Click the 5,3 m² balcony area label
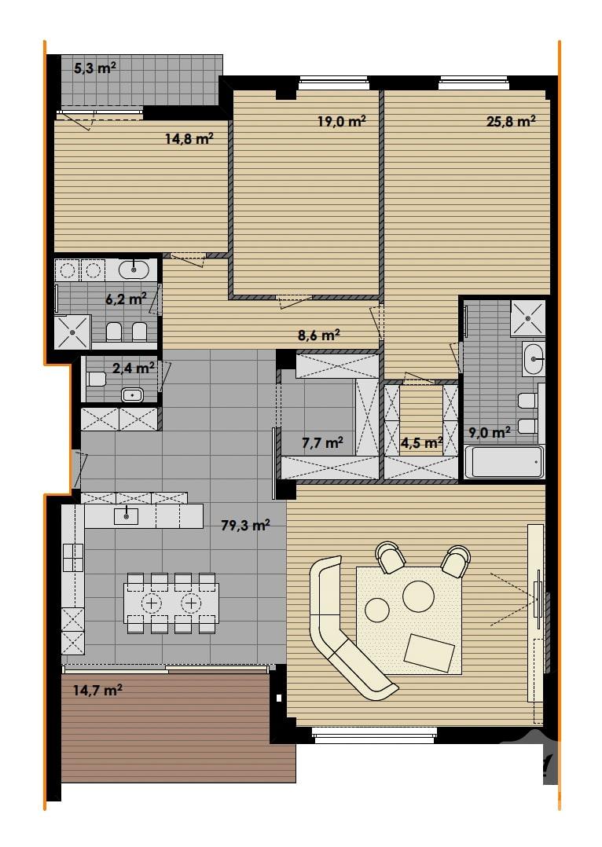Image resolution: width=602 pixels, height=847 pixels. [94, 68]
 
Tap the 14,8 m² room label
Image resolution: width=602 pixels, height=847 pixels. [189, 139]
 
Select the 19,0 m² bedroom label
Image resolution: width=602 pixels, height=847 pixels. [342, 121]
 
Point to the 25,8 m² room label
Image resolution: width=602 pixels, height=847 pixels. [511, 121]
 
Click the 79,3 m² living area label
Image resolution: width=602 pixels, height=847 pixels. [246, 525]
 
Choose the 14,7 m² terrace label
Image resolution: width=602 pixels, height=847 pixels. [97, 690]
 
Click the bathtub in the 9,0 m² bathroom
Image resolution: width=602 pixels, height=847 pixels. [504, 462]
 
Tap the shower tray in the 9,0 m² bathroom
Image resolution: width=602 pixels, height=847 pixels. [527, 317]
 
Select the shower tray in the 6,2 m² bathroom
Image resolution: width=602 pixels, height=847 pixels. [72, 332]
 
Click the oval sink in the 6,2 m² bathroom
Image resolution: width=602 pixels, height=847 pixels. [133, 269]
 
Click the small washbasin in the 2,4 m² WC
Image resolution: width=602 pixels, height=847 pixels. [132, 395]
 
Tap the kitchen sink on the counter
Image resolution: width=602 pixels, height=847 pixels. [126, 516]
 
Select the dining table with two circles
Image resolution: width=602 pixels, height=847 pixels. [171, 603]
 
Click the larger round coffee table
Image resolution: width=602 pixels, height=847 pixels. [418, 596]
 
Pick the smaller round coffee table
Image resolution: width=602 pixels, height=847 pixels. [377, 610]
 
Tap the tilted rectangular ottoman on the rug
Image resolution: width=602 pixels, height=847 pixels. [429, 653]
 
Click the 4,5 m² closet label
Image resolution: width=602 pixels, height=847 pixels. [422, 443]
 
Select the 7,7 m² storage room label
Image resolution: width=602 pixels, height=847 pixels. [323, 443]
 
